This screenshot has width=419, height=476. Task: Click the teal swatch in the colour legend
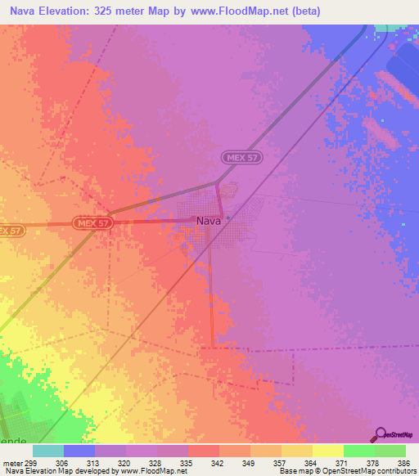pos(48,451)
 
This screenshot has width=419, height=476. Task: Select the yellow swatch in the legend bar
pos(327,451)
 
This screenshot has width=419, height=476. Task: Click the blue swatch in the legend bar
pos(79,451)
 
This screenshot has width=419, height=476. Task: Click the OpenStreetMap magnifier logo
pos(379,434)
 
